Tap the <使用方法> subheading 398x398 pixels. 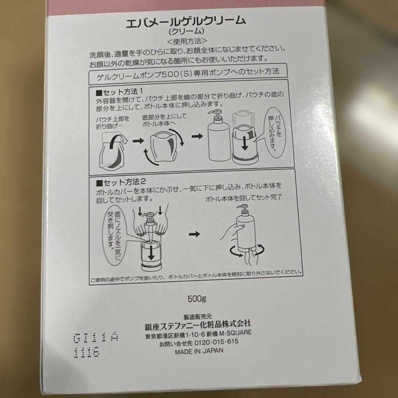(187, 40)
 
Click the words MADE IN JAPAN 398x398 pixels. (199, 350)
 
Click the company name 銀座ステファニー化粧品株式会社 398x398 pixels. (198, 324)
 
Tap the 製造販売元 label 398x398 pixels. (198, 316)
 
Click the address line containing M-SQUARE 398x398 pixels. (198, 333)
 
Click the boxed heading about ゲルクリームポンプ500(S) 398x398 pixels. (187, 71)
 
